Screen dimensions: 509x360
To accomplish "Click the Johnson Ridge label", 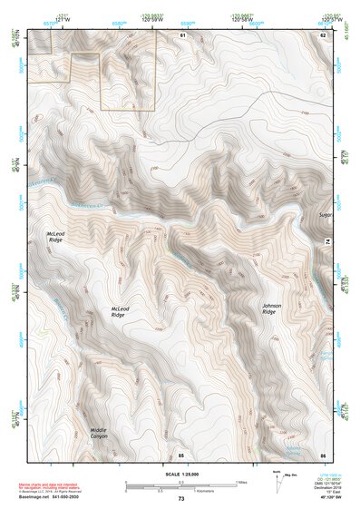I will click(271, 309).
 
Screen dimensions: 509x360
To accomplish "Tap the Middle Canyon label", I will click(98, 433).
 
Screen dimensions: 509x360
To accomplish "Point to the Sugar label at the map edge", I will click(326, 216).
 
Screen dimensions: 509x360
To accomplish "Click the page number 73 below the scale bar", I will click(180, 499).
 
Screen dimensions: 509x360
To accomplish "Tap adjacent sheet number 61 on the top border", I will click(182, 34).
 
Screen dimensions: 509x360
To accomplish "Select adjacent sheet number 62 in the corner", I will click(323, 34).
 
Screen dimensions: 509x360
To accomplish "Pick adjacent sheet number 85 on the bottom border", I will click(181, 454).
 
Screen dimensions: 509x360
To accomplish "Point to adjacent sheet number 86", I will click(323, 454).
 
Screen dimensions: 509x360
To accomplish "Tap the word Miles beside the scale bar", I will click(241, 482).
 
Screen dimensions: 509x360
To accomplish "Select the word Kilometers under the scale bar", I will click(190, 491).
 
